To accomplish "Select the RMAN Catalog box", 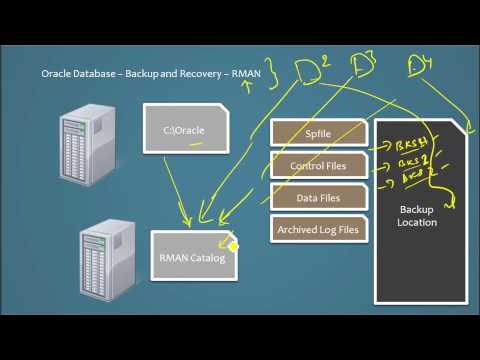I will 193,258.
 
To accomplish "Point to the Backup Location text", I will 418,215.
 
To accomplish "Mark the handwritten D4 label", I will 420,68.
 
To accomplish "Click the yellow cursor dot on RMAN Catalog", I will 234,246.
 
